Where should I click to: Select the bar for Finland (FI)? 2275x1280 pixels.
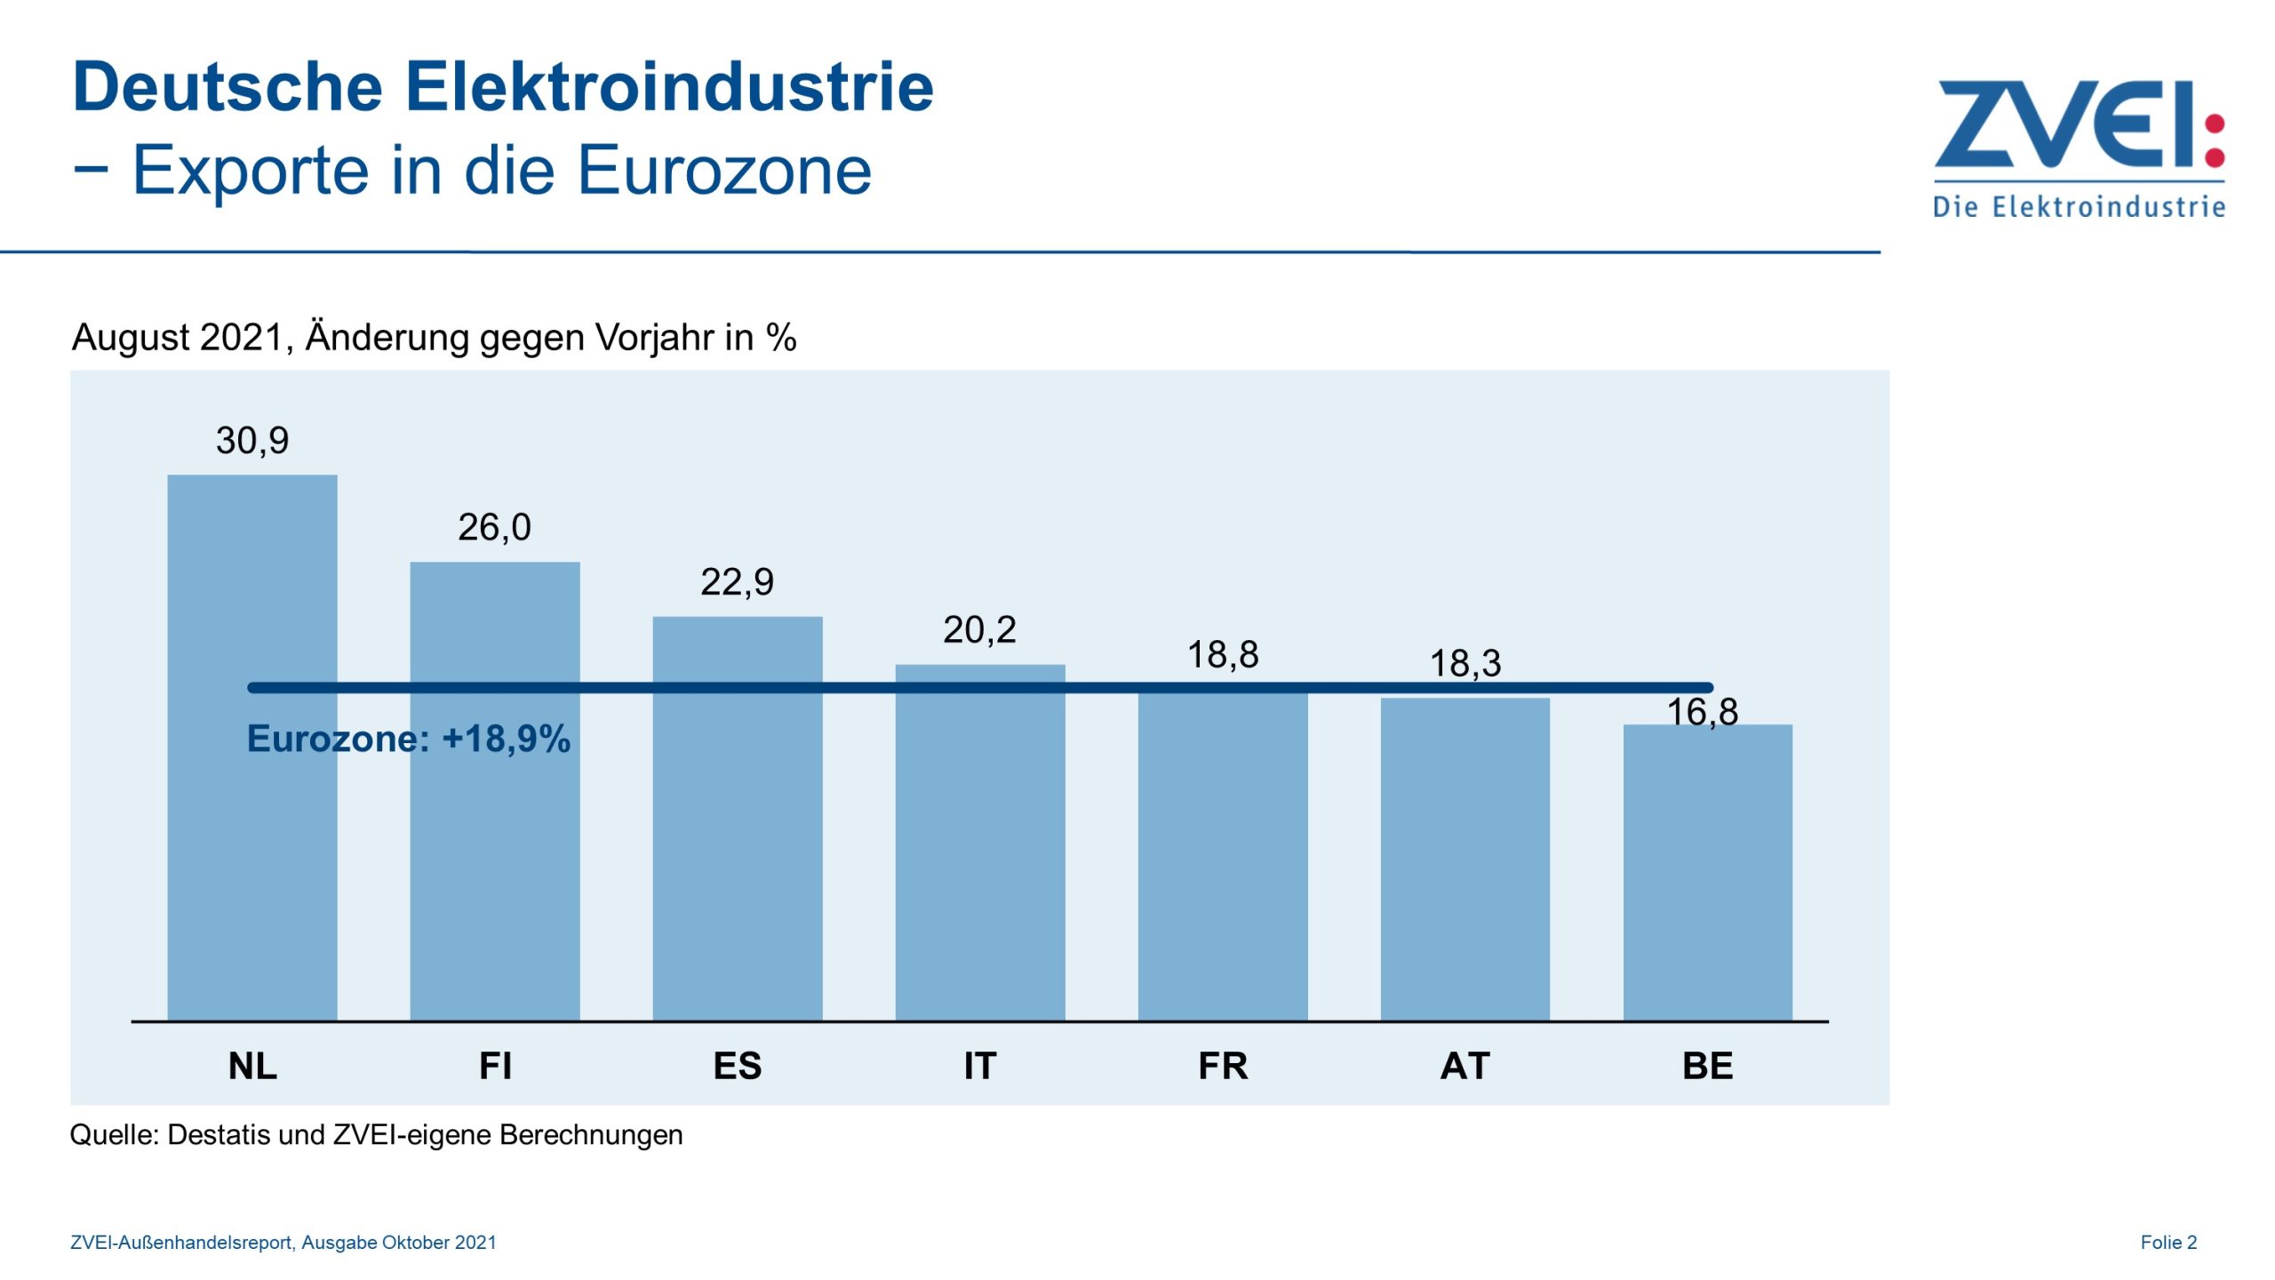pos(495,853)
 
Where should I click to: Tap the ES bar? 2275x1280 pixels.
pos(738,853)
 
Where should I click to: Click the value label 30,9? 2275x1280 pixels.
pos(252,441)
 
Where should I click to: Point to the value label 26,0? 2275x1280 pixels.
pos(495,528)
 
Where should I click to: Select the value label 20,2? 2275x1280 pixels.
pos(979,630)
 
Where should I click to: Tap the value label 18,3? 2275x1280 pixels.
pos(1465,663)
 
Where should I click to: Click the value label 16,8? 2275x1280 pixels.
pos(1702,711)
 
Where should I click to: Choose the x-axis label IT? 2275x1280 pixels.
pos(980,1065)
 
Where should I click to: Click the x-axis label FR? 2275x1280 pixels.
pos(1223,1065)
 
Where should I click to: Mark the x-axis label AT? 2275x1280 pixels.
pos(1465,1065)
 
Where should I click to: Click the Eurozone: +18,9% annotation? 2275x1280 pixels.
pos(409,739)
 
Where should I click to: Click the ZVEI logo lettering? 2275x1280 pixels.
pos(2062,124)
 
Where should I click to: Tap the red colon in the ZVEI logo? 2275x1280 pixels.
pos(2215,140)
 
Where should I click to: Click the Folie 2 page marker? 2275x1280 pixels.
pos(2168,1242)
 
